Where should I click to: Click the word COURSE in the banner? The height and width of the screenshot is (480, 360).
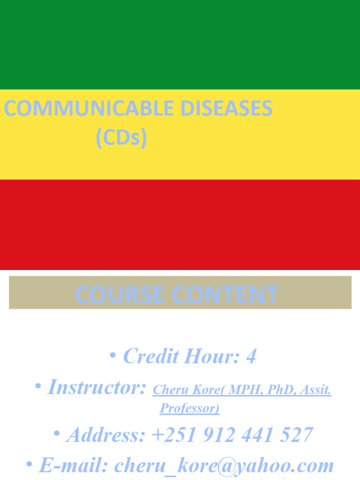tap(120, 295)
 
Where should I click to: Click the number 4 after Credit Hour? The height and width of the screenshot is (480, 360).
tap(251, 357)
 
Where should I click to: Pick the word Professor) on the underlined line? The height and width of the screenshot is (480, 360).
tap(189, 408)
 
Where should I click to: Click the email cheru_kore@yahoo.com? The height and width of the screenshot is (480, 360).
tap(224, 465)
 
